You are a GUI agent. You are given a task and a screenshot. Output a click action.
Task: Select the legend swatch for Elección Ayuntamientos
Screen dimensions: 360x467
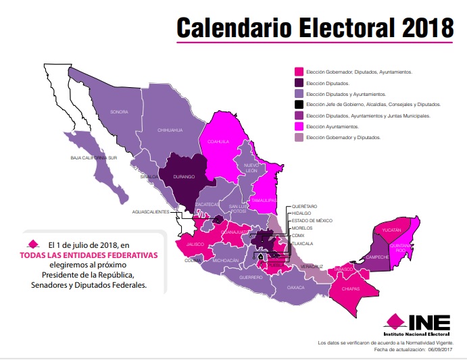coord(299,126)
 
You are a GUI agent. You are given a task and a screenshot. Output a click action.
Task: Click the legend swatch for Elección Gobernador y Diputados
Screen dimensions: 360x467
coord(299,137)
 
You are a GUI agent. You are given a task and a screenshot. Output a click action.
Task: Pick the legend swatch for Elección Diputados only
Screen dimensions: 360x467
coord(299,82)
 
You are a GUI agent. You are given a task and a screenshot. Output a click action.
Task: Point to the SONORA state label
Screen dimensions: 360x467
coord(119,112)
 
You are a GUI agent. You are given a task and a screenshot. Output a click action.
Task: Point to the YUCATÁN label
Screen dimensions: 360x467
coord(391,230)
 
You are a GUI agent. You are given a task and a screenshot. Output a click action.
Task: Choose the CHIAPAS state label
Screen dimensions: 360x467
coord(351,290)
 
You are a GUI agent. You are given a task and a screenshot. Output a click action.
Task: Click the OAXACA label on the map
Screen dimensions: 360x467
coord(296,287)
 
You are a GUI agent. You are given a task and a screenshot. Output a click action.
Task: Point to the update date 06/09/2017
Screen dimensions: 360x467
coord(441,349)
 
